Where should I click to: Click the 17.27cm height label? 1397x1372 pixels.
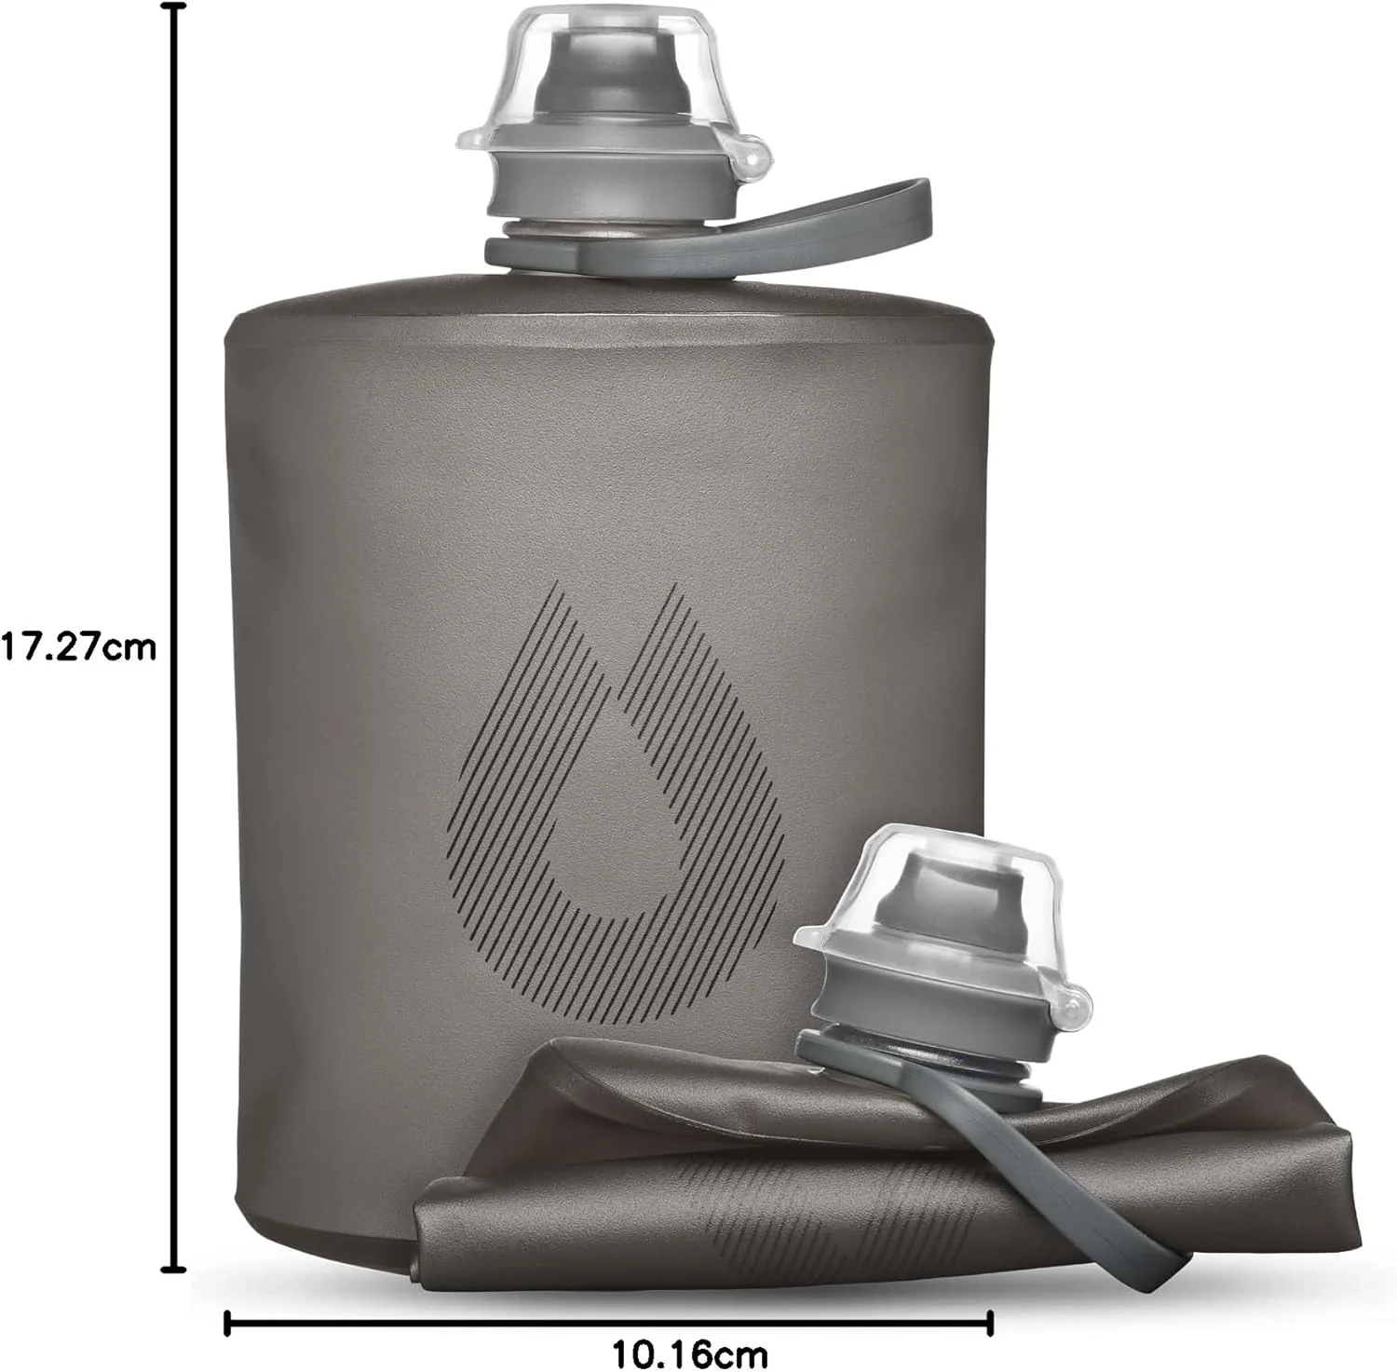tap(78, 645)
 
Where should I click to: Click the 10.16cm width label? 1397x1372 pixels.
tap(689, 1350)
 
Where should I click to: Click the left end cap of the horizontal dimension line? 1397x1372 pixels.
tap(227, 1322)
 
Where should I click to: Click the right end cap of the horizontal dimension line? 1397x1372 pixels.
tap(991, 1322)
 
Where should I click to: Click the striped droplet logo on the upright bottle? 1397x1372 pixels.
tap(615, 773)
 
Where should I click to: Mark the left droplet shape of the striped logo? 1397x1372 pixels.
tap(531, 745)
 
